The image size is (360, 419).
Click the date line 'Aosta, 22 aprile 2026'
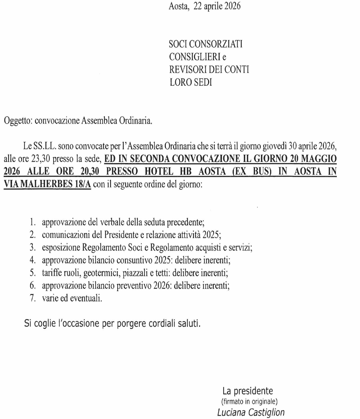click(205, 7)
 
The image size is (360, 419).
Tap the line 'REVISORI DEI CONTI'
click(209, 69)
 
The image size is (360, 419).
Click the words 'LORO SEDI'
click(191, 82)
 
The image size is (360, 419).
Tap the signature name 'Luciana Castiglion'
click(251, 412)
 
